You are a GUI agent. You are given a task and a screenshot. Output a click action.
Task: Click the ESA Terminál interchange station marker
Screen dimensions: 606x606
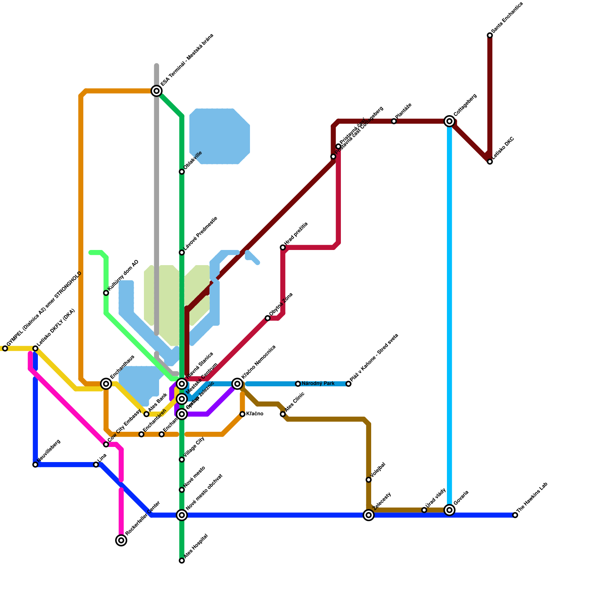click(x=156, y=91)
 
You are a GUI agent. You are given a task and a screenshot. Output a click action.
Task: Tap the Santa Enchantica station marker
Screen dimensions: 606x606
click(x=490, y=35)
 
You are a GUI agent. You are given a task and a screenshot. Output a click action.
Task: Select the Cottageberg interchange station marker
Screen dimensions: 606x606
click(x=450, y=121)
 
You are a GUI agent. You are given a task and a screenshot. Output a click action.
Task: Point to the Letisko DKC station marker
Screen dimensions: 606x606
click(x=490, y=162)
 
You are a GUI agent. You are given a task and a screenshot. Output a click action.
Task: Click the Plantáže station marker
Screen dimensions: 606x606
click(x=394, y=121)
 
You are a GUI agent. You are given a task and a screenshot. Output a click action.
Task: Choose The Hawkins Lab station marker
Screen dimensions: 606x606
click(x=515, y=515)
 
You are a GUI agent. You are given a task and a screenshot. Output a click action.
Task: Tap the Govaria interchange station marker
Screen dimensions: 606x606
click(x=450, y=510)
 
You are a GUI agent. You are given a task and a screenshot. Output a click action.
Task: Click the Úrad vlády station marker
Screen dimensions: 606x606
click(x=424, y=510)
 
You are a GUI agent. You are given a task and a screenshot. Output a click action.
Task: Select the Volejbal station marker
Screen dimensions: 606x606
click(x=369, y=480)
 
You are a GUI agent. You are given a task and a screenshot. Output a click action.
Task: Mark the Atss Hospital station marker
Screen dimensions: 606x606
click(x=182, y=561)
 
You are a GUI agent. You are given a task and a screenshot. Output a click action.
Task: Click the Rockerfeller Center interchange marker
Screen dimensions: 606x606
click(x=121, y=540)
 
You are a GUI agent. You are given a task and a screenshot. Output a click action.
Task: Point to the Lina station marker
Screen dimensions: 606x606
click(x=96, y=465)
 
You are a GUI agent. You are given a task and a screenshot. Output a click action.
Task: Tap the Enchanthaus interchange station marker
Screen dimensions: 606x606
click(x=106, y=384)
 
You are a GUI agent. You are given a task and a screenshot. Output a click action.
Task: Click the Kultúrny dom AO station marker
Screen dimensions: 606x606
click(x=106, y=293)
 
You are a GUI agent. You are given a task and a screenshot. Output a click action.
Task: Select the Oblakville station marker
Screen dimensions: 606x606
click(x=182, y=172)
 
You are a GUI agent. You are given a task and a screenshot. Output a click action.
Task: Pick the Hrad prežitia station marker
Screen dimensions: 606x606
click(x=283, y=247)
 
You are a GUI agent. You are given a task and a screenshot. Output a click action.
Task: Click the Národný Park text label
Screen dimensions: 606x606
click(x=318, y=384)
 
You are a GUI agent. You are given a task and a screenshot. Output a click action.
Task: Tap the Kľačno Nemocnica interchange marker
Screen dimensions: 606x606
click(x=237, y=384)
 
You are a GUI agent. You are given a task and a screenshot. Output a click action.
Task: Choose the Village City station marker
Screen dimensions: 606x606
click(x=182, y=459)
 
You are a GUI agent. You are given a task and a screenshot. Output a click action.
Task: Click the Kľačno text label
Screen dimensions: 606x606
click(x=255, y=414)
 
